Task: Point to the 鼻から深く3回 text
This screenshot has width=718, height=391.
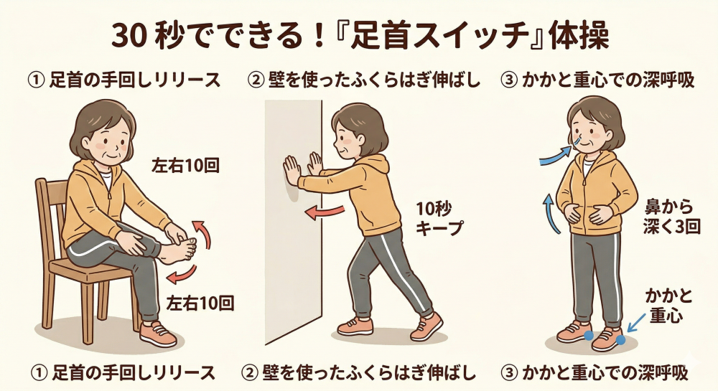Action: pyautogui.click(x=672, y=217)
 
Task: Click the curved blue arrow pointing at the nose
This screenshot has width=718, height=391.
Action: pyautogui.click(x=556, y=154)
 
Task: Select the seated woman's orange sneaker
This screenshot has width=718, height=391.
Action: pyautogui.click(x=158, y=334)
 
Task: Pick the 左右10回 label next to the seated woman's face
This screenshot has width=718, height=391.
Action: pyautogui.click(x=186, y=166)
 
